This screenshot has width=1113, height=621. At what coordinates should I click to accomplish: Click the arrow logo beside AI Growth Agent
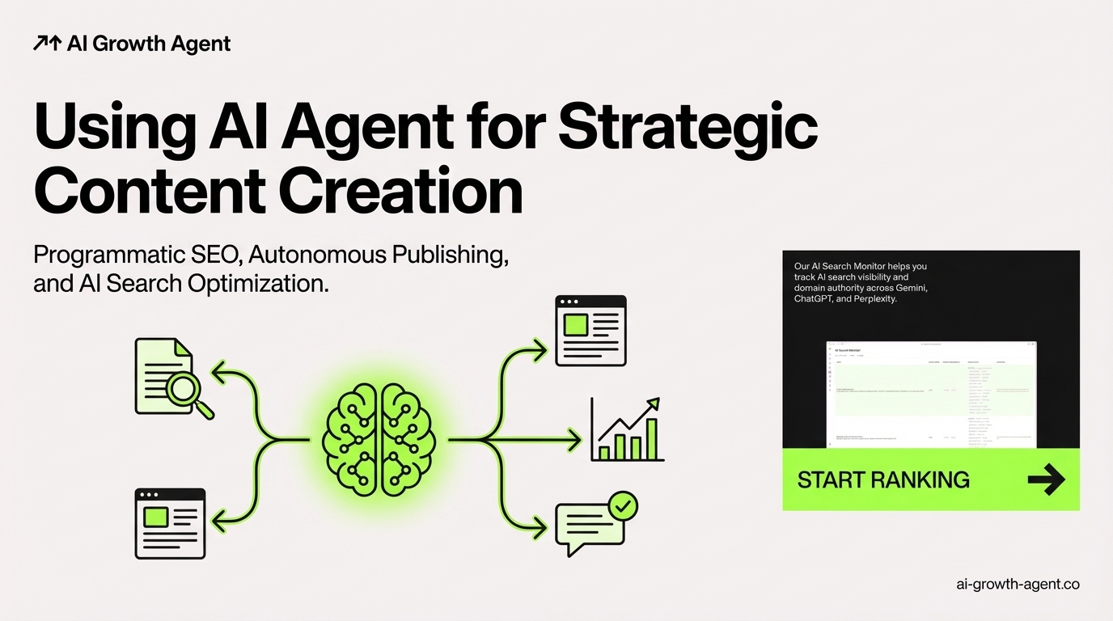pos(47,44)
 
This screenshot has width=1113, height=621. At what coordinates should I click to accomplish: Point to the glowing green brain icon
pos(379,440)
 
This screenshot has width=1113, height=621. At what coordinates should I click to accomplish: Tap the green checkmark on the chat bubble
pos(621,507)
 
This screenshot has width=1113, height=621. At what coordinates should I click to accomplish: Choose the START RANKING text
pos(883,479)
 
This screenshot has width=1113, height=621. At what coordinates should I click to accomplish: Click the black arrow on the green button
pos(1046,480)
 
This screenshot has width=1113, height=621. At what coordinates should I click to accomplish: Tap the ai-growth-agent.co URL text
pos(1017,584)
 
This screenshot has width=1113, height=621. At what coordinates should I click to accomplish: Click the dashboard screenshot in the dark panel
pos(930,394)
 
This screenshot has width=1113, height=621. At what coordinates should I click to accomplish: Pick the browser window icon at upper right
pos(590,330)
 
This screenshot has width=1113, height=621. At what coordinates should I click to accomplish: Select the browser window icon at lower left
pos(170,523)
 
